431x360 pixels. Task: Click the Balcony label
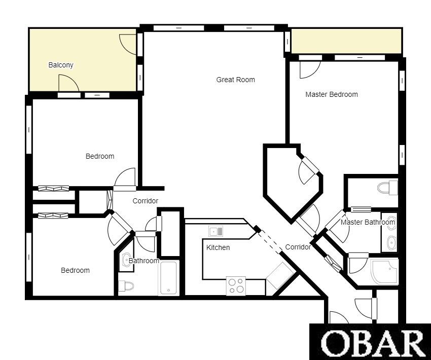click(x=61, y=65)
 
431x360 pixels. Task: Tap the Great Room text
click(x=236, y=80)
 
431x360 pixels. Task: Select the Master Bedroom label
click(x=332, y=94)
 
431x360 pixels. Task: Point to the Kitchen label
click(x=218, y=247)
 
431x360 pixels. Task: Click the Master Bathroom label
click(x=368, y=222)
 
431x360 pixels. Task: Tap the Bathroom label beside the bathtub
click(x=144, y=261)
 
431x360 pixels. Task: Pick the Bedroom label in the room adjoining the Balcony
click(x=100, y=156)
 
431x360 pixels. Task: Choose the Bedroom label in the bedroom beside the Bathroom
click(x=75, y=270)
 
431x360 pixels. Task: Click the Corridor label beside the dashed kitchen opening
click(x=298, y=247)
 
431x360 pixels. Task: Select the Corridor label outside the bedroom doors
click(x=146, y=201)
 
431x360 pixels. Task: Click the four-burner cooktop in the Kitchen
click(x=236, y=286)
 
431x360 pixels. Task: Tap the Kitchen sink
click(x=216, y=231)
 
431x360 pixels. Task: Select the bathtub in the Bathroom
click(x=168, y=278)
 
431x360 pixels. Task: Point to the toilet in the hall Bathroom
click(x=126, y=286)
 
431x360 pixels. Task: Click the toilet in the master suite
click(x=387, y=188)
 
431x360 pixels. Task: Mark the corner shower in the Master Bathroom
click(x=384, y=272)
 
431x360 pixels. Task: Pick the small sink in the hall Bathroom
click(x=126, y=260)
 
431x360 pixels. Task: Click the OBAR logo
click(x=370, y=342)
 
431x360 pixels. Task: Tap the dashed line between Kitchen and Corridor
click(x=270, y=242)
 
